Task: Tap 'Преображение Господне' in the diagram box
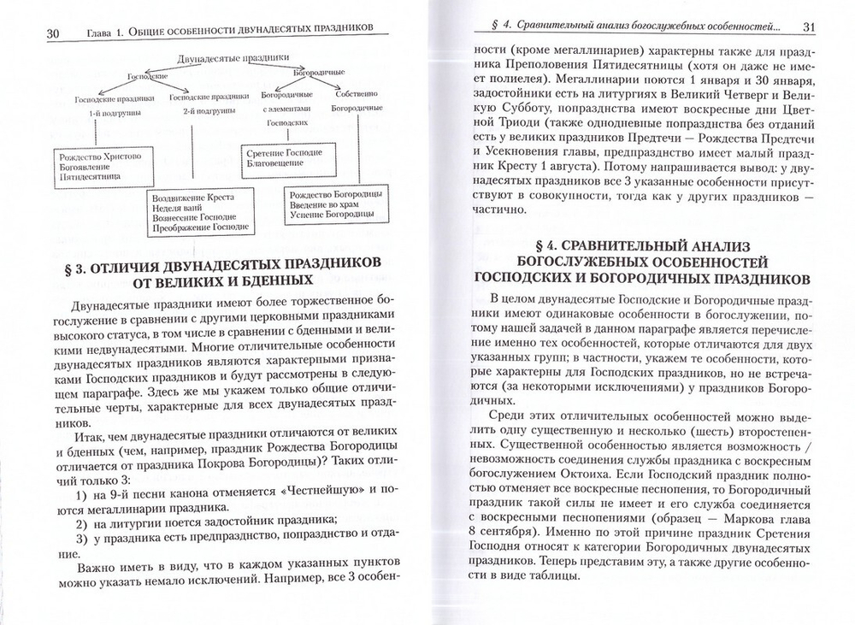[x=199, y=228]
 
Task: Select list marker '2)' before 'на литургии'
[x=82, y=522]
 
